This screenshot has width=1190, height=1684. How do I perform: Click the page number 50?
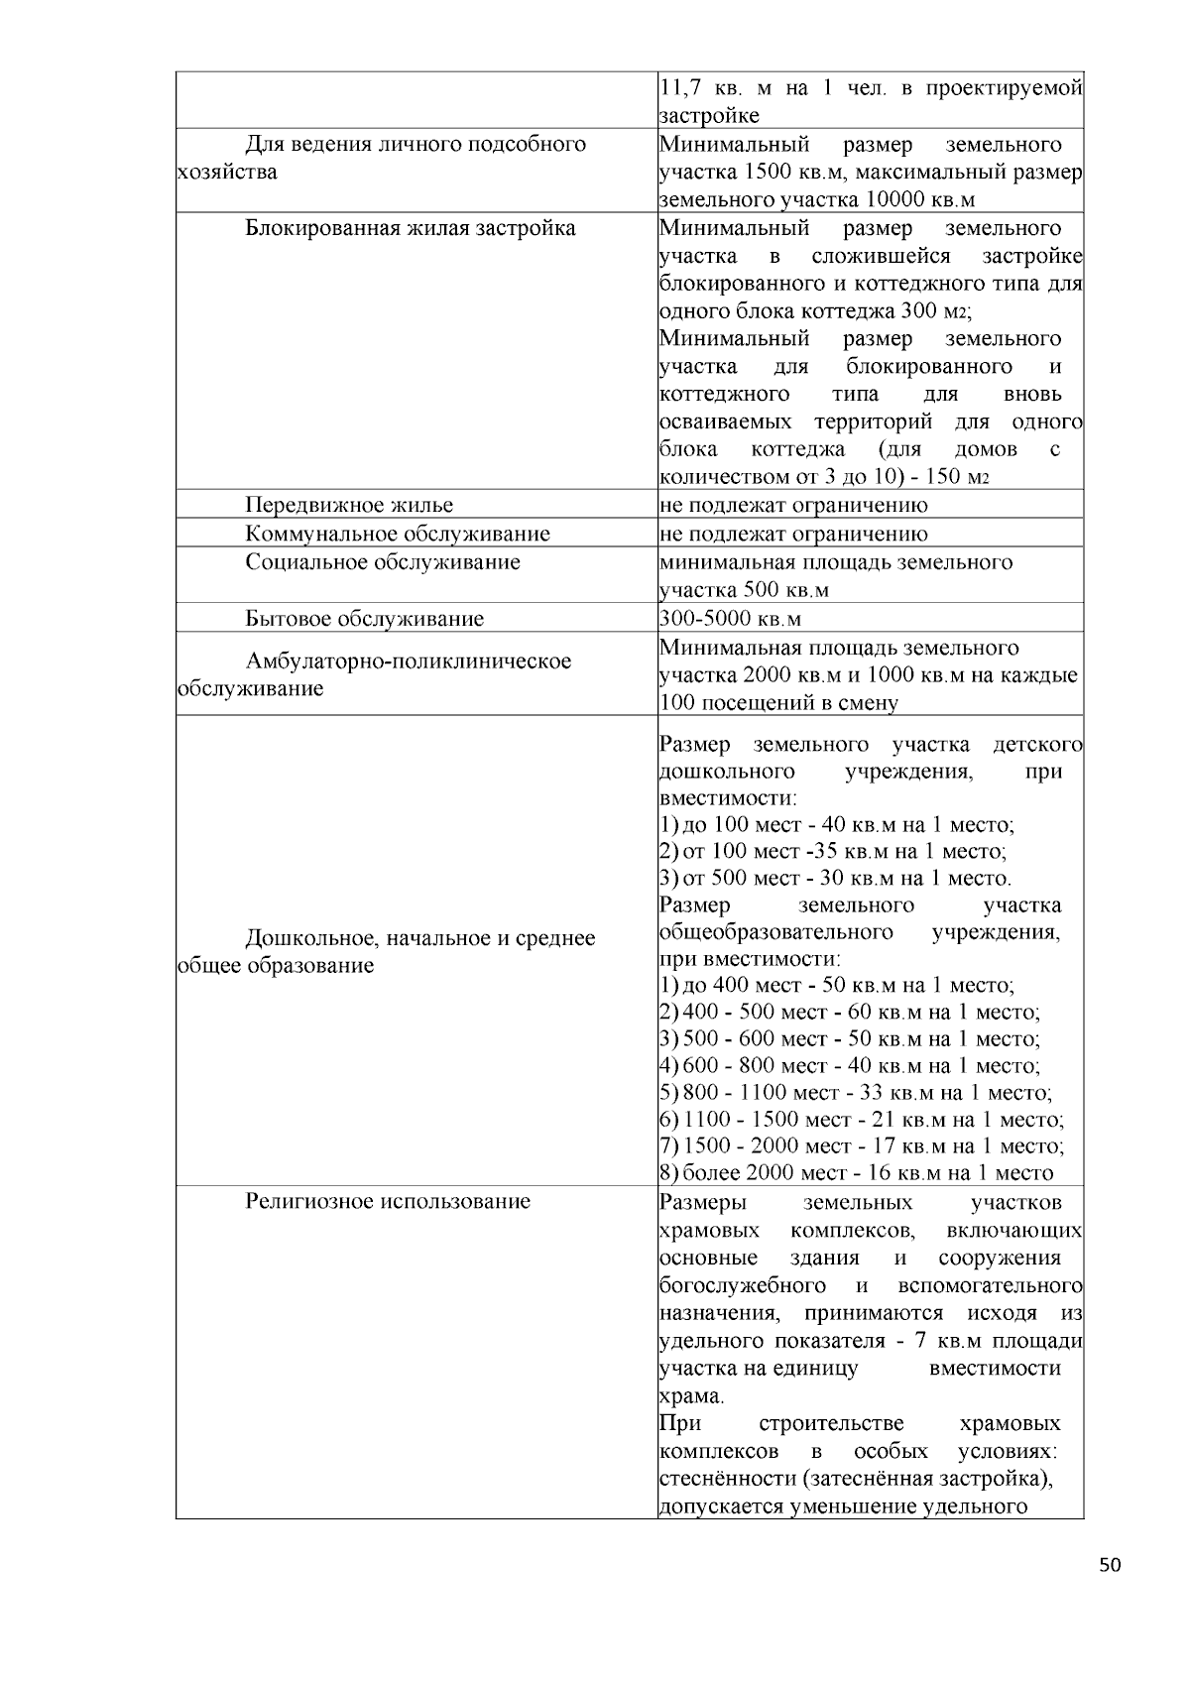(1110, 1566)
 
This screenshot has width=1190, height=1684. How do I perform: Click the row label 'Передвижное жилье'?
(349, 505)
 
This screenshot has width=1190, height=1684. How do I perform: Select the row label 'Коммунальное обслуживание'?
(398, 534)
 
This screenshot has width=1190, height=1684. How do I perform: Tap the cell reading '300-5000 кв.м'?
(730, 619)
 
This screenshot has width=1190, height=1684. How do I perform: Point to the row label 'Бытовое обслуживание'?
(365, 619)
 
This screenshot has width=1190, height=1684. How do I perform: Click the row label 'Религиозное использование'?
(388, 1201)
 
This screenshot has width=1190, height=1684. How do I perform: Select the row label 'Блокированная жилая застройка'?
(411, 228)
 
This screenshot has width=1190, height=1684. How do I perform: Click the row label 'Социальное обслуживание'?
(383, 562)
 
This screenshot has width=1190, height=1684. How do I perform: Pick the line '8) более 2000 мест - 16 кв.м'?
(855, 1173)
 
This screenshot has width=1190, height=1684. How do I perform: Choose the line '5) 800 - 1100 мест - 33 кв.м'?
(855, 1093)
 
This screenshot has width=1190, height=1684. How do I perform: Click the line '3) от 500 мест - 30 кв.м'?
(835, 878)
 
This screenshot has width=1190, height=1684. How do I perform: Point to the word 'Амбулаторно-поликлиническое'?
(409, 661)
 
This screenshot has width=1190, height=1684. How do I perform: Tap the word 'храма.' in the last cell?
(691, 1396)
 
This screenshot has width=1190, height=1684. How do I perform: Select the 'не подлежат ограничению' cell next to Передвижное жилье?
(793, 505)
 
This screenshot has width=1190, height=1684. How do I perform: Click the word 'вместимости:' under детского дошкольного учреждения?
(728, 798)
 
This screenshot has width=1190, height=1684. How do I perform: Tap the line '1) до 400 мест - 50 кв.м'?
(836, 986)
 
